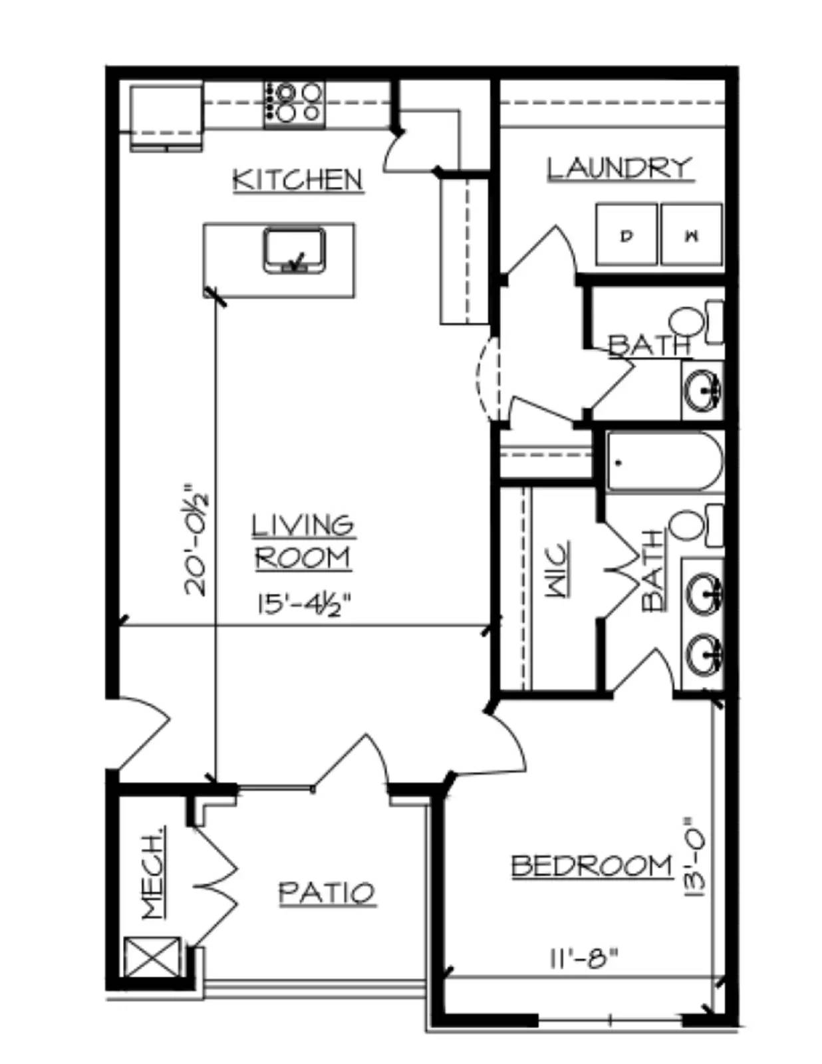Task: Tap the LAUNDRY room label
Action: pyautogui.click(x=620, y=168)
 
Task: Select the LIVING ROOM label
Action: pyautogui.click(x=303, y=541)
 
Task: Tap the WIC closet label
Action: pyautogui.click(x=558, y=569)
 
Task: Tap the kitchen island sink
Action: pyautogui.click(x=294, y=250)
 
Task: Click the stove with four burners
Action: pyautogui.click(x=294, y=105)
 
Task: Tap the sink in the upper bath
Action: pyautogui.click(x=703, y=391)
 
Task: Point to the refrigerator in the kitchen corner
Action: pyautogui.click(x=166, y=118)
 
